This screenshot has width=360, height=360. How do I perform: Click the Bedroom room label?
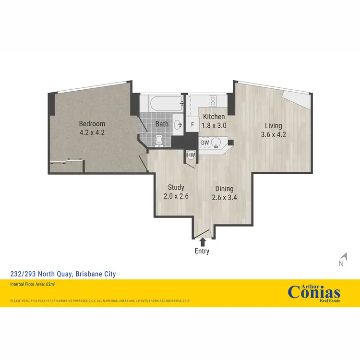point(92,124)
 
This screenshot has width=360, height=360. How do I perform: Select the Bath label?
point(162,124)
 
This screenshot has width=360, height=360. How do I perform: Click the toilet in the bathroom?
point(159,140)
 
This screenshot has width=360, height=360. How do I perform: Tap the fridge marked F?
point(192,124)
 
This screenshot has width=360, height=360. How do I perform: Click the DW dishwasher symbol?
point(205,143)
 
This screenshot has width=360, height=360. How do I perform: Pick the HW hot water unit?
point(191,155)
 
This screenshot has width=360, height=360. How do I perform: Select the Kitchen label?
point(214,117)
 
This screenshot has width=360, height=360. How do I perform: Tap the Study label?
point(176,187)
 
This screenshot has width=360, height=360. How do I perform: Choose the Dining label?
point(224,189)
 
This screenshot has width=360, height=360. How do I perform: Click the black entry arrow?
point(202,241)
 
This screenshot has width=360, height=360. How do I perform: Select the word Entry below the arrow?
point(202,251)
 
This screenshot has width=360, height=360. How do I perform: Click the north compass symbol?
point(342,260)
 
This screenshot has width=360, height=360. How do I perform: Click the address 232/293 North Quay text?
point(63,274)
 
